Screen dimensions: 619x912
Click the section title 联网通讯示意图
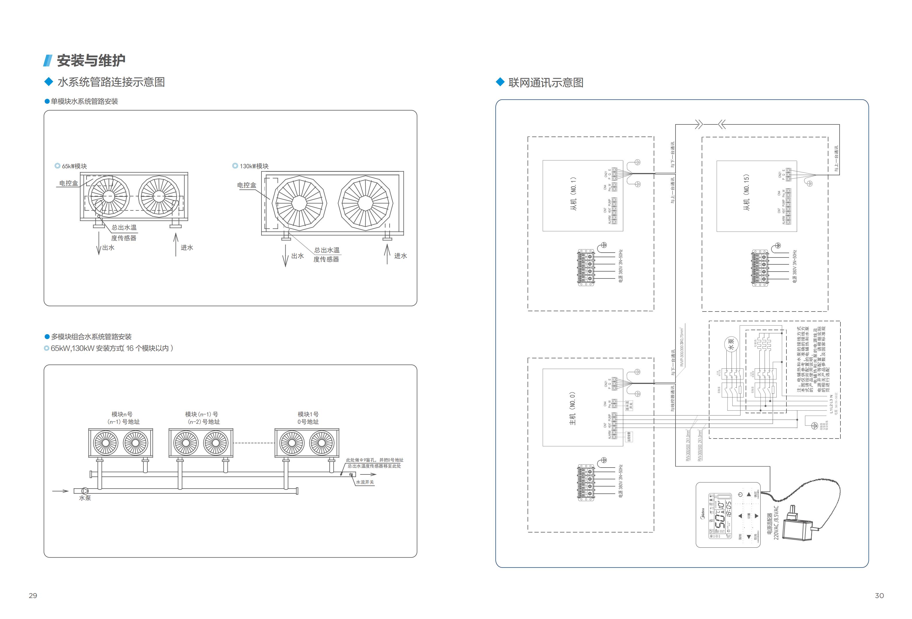point(545,82)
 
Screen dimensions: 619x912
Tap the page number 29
point(33,595)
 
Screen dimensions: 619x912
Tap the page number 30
point(880,595)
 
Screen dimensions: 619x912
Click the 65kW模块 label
point(74,166)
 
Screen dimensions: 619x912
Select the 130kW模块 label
point(254,166)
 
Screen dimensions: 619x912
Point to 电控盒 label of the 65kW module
point(68,183)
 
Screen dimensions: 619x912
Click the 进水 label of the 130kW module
point(400,255)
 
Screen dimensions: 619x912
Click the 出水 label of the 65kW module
point(108,248)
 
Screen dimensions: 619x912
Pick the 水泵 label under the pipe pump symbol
point(85,498)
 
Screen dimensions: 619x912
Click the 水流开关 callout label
point(365,482)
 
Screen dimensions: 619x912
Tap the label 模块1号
point(308,414)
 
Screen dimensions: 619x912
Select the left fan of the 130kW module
point(299,203)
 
